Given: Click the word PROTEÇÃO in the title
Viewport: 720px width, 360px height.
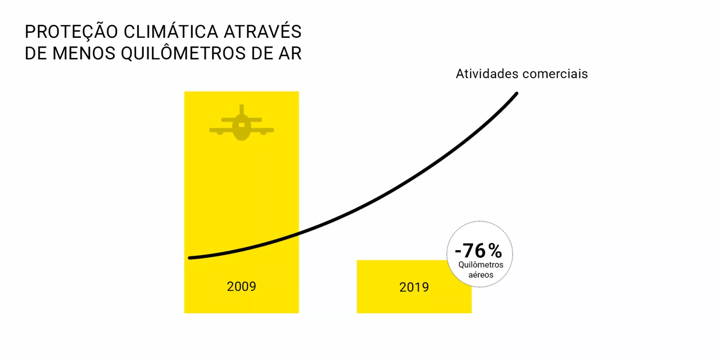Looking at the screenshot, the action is coord(71,32).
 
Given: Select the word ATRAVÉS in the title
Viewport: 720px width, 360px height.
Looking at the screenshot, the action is coord(263,31).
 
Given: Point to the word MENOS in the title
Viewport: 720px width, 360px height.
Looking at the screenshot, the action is coord(84,54).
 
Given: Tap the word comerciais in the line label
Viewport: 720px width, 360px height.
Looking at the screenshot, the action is coord(555,74).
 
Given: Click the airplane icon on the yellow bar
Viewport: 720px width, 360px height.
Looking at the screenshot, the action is coord(242,123).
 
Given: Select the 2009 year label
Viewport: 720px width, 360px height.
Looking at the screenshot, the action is coord(241,286).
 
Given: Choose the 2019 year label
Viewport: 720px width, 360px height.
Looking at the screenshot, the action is coord(414,287).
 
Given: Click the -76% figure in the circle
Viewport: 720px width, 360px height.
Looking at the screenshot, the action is coord(479,251).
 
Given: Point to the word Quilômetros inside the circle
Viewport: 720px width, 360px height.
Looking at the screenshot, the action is coord(481,265).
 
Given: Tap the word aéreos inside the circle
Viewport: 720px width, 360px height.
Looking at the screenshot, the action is coord(481,275).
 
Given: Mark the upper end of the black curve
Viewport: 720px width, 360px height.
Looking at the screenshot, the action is coord(517,94).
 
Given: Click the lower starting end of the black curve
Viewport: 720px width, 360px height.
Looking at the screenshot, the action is coord(189,258).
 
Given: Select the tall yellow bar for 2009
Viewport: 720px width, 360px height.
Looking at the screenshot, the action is coord(241,202).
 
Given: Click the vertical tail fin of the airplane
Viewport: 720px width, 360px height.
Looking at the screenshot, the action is coord(242,109).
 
